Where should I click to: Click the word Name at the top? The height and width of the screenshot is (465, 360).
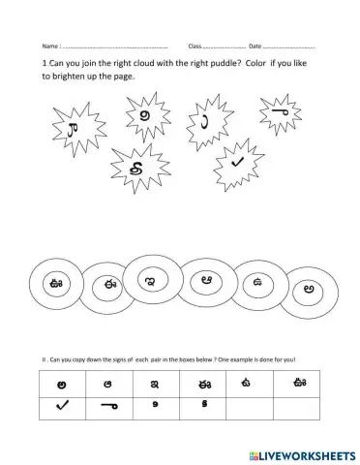click(x=50, y=46)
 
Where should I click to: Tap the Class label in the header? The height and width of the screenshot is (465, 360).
click(x=195, y=46)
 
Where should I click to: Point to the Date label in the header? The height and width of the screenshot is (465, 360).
click(x=255, y=46)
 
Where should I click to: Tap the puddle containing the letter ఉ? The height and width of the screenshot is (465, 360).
click(x=259, y=283)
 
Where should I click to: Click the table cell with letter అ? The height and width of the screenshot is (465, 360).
click(x=62, y=385)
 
